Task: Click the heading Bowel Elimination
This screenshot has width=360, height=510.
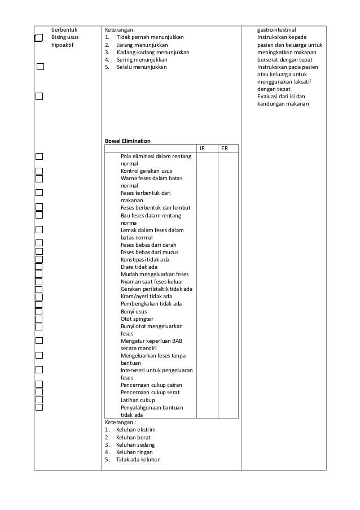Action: [127, 141]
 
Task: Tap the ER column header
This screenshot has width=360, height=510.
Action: [225, 149]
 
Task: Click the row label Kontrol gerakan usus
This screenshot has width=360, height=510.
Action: [147, 171]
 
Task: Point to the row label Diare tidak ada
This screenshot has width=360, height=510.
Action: [139, 267]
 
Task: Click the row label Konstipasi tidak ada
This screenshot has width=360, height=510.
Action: [145, 259]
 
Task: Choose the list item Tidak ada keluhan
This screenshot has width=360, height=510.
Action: [138, 459]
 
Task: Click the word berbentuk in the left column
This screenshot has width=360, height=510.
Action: [64, 29]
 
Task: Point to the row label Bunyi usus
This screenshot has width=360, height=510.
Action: [134, 311]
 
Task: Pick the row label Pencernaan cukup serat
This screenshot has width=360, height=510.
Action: [150, 392]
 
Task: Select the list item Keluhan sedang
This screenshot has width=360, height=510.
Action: [135, 444]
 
